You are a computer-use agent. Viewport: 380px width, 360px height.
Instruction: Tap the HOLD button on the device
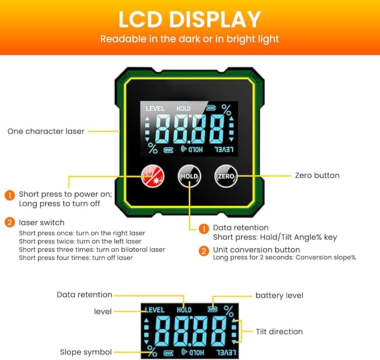189,176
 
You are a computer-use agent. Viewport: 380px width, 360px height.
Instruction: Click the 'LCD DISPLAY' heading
190,20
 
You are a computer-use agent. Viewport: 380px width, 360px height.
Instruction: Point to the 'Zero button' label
317,175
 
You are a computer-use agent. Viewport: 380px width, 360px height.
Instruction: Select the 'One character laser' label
46,131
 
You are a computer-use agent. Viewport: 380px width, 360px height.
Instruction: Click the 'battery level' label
279,295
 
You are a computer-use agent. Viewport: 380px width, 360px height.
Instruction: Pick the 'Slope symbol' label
86,352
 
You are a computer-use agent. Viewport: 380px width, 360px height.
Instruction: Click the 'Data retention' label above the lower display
85,295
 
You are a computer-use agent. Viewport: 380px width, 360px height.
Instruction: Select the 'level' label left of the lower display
103,311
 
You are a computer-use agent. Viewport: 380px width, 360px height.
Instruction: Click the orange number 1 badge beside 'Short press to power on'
10,195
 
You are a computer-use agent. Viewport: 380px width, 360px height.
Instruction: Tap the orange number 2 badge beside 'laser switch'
10,222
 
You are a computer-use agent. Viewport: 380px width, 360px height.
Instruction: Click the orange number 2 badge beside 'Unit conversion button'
205,250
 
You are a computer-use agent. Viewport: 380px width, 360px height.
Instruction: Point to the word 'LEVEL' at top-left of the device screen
155,108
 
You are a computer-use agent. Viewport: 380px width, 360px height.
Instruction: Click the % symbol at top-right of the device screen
226,109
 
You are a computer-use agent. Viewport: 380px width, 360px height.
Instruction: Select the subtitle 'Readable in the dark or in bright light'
190,39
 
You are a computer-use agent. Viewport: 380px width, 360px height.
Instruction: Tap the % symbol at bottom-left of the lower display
152,351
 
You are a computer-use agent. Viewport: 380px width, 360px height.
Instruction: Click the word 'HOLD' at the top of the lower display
184,310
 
